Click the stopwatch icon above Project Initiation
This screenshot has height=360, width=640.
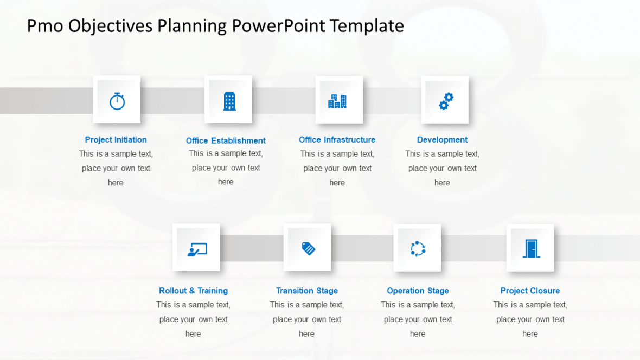117,101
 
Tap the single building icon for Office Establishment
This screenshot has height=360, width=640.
229,101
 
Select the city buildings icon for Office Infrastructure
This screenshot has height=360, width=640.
337,101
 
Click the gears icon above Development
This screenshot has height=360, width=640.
446,101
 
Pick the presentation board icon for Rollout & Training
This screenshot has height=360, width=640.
197,249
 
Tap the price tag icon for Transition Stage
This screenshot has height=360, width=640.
308,248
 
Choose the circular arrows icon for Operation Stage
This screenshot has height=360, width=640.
418,249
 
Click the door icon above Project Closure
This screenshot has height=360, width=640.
530,248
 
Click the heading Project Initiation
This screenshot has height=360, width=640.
116,140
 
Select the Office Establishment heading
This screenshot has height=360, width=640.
226,141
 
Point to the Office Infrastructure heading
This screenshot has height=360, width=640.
337,140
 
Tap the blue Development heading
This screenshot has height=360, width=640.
442,140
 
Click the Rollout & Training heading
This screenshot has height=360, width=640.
193,291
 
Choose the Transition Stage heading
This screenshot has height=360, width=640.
306,291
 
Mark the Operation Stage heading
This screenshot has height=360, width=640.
418,291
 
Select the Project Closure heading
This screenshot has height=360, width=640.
530,291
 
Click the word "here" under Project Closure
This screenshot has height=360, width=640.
530,334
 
